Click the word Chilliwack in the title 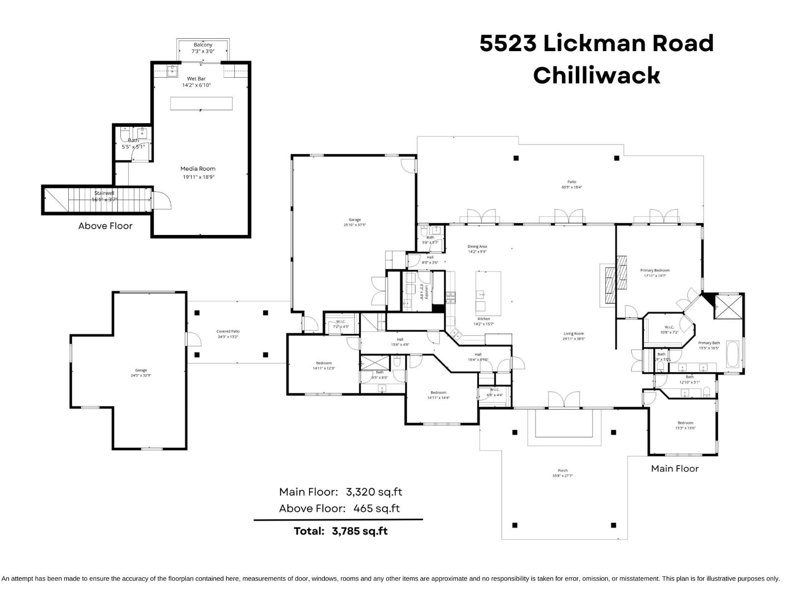point(596,76)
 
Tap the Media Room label point(197,169)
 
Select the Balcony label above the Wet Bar point(203,45)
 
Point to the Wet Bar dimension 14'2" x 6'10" point(196,85)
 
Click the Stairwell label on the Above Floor point(104,193)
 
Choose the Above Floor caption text point(105,226)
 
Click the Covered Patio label point(228,331)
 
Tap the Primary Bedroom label point(655,270)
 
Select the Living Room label point(573,334)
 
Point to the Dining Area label point(477,246)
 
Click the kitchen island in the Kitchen point(488,293)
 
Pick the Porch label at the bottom point(562,471)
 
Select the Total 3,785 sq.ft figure point(360,531)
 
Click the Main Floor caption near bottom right point(674,469)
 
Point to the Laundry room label point(427,293)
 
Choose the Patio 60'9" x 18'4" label point(572,184)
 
